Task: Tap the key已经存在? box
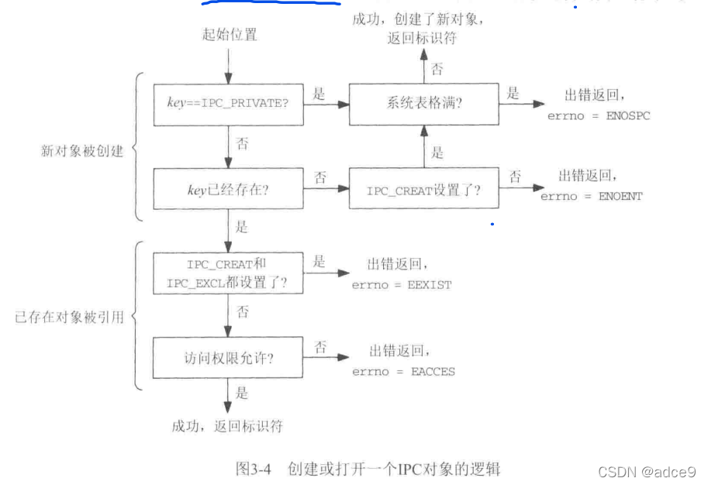[227, 190]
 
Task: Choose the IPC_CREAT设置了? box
[423, 190]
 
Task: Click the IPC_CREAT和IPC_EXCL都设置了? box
[227, 273]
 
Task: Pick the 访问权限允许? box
[227, 358]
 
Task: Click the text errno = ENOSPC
[599, 115]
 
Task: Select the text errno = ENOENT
[592, 197]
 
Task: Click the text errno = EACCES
[403, 371]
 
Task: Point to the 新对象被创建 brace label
[82, 150]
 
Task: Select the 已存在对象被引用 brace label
[69, 317]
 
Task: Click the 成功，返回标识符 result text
[227, 425]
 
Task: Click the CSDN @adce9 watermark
[648, 471]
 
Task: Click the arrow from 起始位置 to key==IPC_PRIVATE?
[228, 64]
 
